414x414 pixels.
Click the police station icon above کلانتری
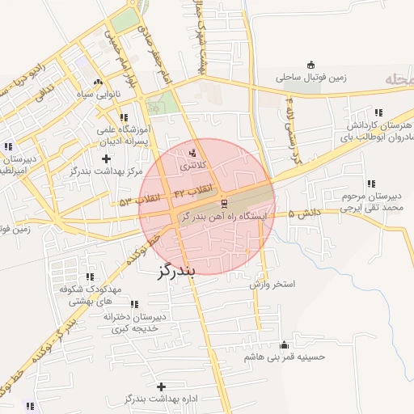coord(192,152)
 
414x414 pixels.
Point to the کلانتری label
coord(192,165)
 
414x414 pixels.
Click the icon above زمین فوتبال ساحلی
coord(311,65)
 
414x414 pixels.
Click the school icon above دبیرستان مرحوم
coord(370,184)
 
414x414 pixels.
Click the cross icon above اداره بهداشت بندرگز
coord(162,387)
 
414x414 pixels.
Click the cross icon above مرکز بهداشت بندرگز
coord(106,158)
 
